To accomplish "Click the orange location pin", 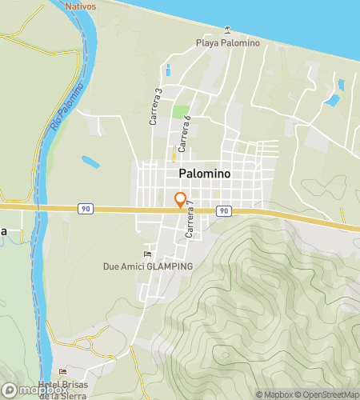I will pos(181,201).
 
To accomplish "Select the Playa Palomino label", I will pos(228,43).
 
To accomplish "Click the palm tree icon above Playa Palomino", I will pos(228,30).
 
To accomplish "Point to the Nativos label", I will pos(81,6).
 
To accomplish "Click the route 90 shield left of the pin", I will pos(86,208).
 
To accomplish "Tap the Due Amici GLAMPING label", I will pos(148,266).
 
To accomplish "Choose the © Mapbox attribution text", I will pos(274,394).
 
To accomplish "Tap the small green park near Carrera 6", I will pos(181,112).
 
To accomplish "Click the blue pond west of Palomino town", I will pos(90,162).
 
